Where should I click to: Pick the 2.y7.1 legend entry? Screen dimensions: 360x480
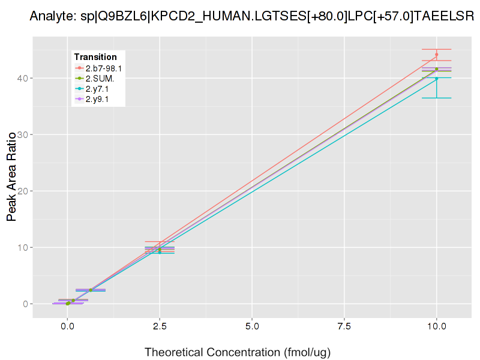(97, 89)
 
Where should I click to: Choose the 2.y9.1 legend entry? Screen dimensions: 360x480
(97, 99)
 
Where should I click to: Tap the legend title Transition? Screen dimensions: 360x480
(95, 56)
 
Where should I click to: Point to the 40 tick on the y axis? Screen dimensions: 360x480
(21, 78)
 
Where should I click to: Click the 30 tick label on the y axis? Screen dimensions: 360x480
(21, 134)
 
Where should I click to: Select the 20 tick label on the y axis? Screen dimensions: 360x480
(21, 191)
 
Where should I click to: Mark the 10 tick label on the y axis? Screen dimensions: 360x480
(21, 247)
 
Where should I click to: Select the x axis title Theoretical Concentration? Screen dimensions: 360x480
(238, 352)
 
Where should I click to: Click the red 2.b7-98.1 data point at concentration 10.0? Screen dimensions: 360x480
(436, 55)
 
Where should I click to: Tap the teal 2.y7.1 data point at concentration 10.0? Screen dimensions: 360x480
(436, 79)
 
